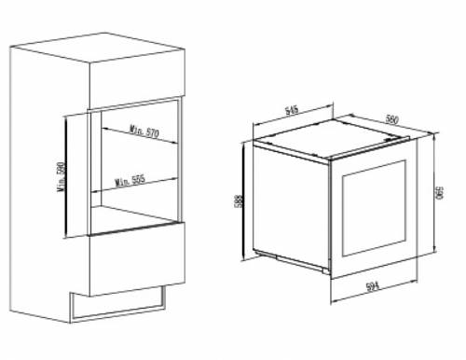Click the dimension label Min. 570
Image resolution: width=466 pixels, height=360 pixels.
144,132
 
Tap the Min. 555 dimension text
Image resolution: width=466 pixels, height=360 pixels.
130,180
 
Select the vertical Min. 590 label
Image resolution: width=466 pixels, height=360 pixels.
62,176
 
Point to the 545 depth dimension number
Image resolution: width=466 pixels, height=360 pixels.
292,110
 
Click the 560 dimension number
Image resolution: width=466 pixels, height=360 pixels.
391,119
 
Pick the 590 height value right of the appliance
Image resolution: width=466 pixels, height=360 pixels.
440,193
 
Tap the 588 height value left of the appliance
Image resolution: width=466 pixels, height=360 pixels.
240,201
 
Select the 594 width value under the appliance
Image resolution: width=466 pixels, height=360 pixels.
373,285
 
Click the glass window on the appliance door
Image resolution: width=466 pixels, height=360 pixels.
374,208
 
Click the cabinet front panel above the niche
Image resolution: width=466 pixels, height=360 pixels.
137,79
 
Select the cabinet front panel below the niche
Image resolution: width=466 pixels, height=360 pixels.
137,259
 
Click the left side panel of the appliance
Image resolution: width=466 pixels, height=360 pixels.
292,206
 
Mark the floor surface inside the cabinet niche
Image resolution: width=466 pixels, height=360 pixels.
133,218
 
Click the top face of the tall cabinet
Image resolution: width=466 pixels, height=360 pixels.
97,48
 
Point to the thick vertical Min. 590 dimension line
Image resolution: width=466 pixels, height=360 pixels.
66,175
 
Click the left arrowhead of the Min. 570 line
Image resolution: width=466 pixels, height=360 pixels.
104,128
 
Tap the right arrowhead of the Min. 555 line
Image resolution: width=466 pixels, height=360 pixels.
174,179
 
